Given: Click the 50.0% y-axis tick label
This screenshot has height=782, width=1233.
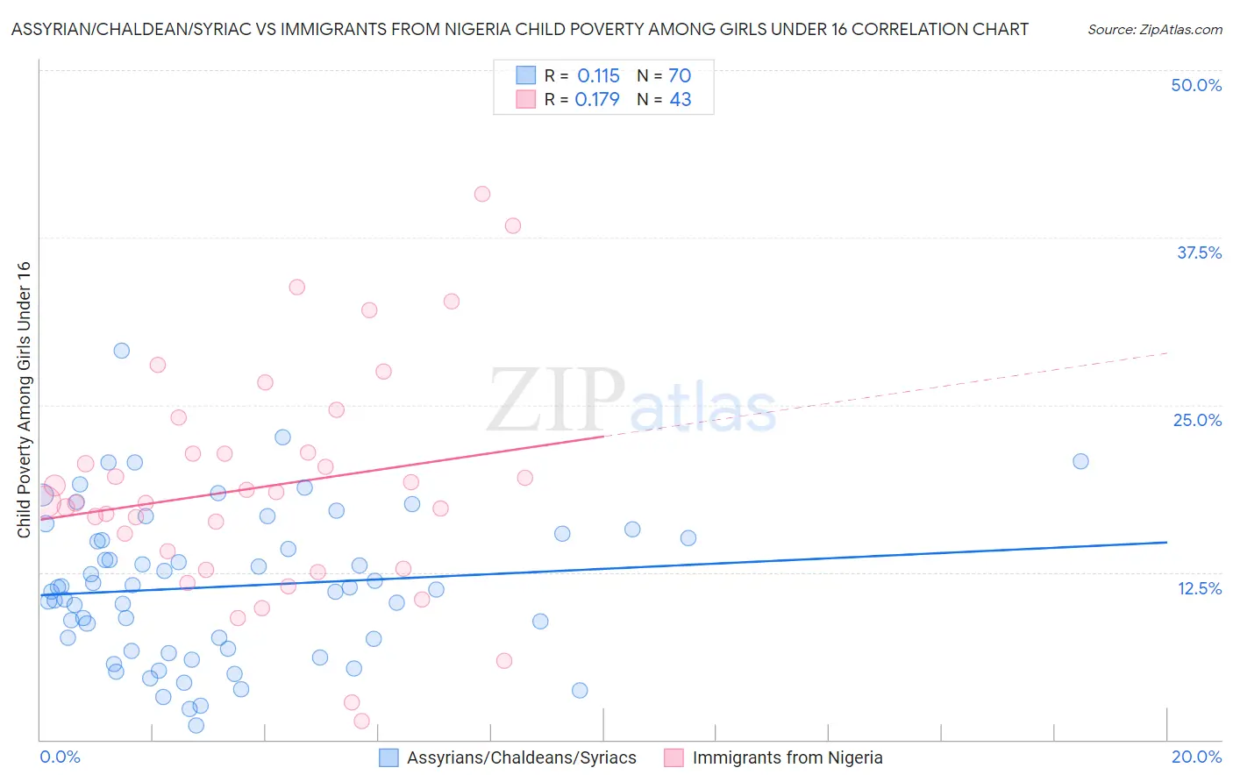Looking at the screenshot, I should pos(1196,85).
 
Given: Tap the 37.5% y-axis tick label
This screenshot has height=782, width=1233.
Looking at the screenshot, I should pos(1199,252).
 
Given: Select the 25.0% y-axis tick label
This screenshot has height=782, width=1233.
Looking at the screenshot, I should pos(1197,420).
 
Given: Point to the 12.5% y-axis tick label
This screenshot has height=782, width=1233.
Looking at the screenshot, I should pos(1199,587).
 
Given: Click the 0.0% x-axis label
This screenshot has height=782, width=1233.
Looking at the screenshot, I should pos(60,757).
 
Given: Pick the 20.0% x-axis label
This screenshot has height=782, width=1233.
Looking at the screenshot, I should pos(1196,757).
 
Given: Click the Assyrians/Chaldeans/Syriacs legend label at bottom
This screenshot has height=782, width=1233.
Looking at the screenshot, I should pos(521,757).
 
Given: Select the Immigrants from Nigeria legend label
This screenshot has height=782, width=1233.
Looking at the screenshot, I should pos(787,757).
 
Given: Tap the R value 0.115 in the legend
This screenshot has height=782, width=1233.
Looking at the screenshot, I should pos(598,75).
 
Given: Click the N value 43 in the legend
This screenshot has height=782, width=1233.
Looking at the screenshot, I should pos(681,99).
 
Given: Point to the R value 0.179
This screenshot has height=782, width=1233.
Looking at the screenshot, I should pos(597,99).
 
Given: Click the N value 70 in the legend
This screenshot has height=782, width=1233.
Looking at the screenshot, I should pos(680,75).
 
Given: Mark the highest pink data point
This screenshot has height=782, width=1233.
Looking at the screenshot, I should pos(481,194).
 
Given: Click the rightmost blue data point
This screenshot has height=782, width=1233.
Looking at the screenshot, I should pos(1080,461).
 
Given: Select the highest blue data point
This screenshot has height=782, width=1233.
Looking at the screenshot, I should pos(122,351).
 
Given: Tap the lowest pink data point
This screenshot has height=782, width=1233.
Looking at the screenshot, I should pos(361,721).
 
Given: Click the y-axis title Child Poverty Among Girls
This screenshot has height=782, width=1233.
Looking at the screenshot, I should pos(24,400).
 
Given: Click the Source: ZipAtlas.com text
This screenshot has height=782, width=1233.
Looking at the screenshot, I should pos(1154,29).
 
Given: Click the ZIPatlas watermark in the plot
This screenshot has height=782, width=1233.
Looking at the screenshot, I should pos(631,402).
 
